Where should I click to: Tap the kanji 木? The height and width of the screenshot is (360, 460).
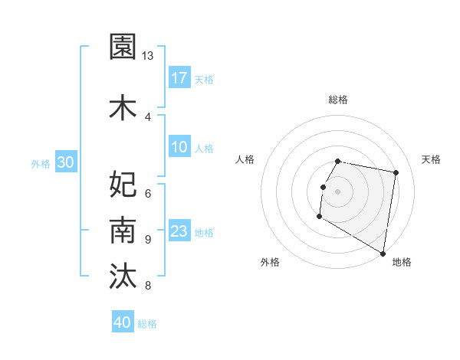(x=123, y=108)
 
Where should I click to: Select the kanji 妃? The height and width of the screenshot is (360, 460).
(x=123, y=183)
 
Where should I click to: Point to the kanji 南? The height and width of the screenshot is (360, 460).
(x=123, y=230)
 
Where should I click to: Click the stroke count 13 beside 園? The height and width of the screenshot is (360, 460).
(x=148, y=56)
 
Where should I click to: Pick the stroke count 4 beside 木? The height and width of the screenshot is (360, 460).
(x=148, y=116)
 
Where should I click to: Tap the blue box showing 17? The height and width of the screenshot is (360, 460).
(x=179, y=78)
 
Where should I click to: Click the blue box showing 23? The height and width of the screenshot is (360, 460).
(x=179, y=232)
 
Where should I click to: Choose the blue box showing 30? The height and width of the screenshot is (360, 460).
(x=65, y=162)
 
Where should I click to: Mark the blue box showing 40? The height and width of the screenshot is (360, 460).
(x=123, y=322)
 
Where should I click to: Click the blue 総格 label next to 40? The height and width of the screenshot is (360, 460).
(x=147, y=324)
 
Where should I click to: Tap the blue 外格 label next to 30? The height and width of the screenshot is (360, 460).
(x=41, y=163)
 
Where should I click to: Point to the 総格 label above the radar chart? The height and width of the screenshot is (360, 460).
(x=338, y=100)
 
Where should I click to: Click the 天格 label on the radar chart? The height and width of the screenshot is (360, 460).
(x=431, y=159)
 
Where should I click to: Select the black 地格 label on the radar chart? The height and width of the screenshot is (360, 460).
(x=402, y=262)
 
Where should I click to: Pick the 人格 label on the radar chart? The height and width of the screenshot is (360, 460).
(x=245, y=159)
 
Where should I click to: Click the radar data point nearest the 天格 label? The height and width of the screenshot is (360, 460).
(x=396, y=173)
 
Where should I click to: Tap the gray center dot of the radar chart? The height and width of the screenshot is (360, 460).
(x=337, y=191)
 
